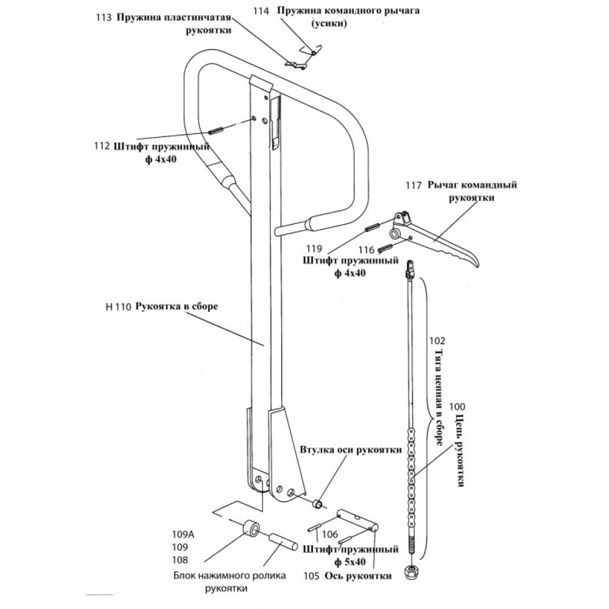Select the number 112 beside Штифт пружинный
click(x=102, y=147)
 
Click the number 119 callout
click(x=314, y=248)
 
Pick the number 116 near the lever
click(x=366, y=250)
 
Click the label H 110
click(x=118, y=308)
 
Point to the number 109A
click(x=181, y=535)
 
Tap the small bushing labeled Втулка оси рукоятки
click(x=318, y=504)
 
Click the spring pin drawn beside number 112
click(x=217, y=131)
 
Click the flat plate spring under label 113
click(x=297, y=63)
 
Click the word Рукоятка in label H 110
click(x=158, y=308)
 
